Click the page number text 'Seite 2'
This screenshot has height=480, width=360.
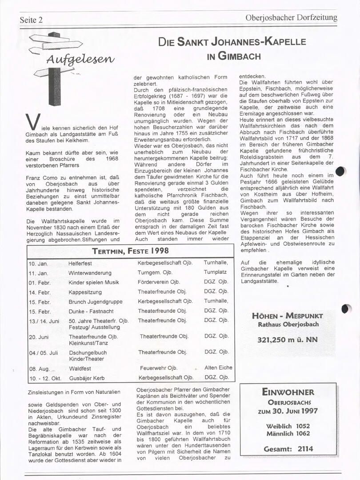pos(31,20)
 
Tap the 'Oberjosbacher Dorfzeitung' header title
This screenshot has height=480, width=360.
pos(291,18)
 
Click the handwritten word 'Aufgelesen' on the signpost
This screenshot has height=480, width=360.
pos(80,59)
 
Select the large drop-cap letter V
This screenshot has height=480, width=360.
pos(30,122)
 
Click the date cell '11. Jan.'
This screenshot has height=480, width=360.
pos(38,273)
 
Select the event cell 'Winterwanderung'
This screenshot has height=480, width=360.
pos(90,273)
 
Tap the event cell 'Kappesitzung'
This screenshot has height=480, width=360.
pos(85,292)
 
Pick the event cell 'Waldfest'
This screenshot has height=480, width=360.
pos(80,368)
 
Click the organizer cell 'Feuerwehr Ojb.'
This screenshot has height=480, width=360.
pos(159,368)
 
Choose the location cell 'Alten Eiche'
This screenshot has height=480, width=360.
pos(218,368)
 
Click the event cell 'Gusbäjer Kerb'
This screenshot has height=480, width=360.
pos(87,378)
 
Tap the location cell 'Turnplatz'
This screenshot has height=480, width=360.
pos(215,272)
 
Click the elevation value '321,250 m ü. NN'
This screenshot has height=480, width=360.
pos(288,340)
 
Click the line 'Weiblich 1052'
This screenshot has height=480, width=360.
pos(288,426)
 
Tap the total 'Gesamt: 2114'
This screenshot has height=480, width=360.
pos(288,449)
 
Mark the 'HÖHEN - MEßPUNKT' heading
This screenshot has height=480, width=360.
pos(288,316)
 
